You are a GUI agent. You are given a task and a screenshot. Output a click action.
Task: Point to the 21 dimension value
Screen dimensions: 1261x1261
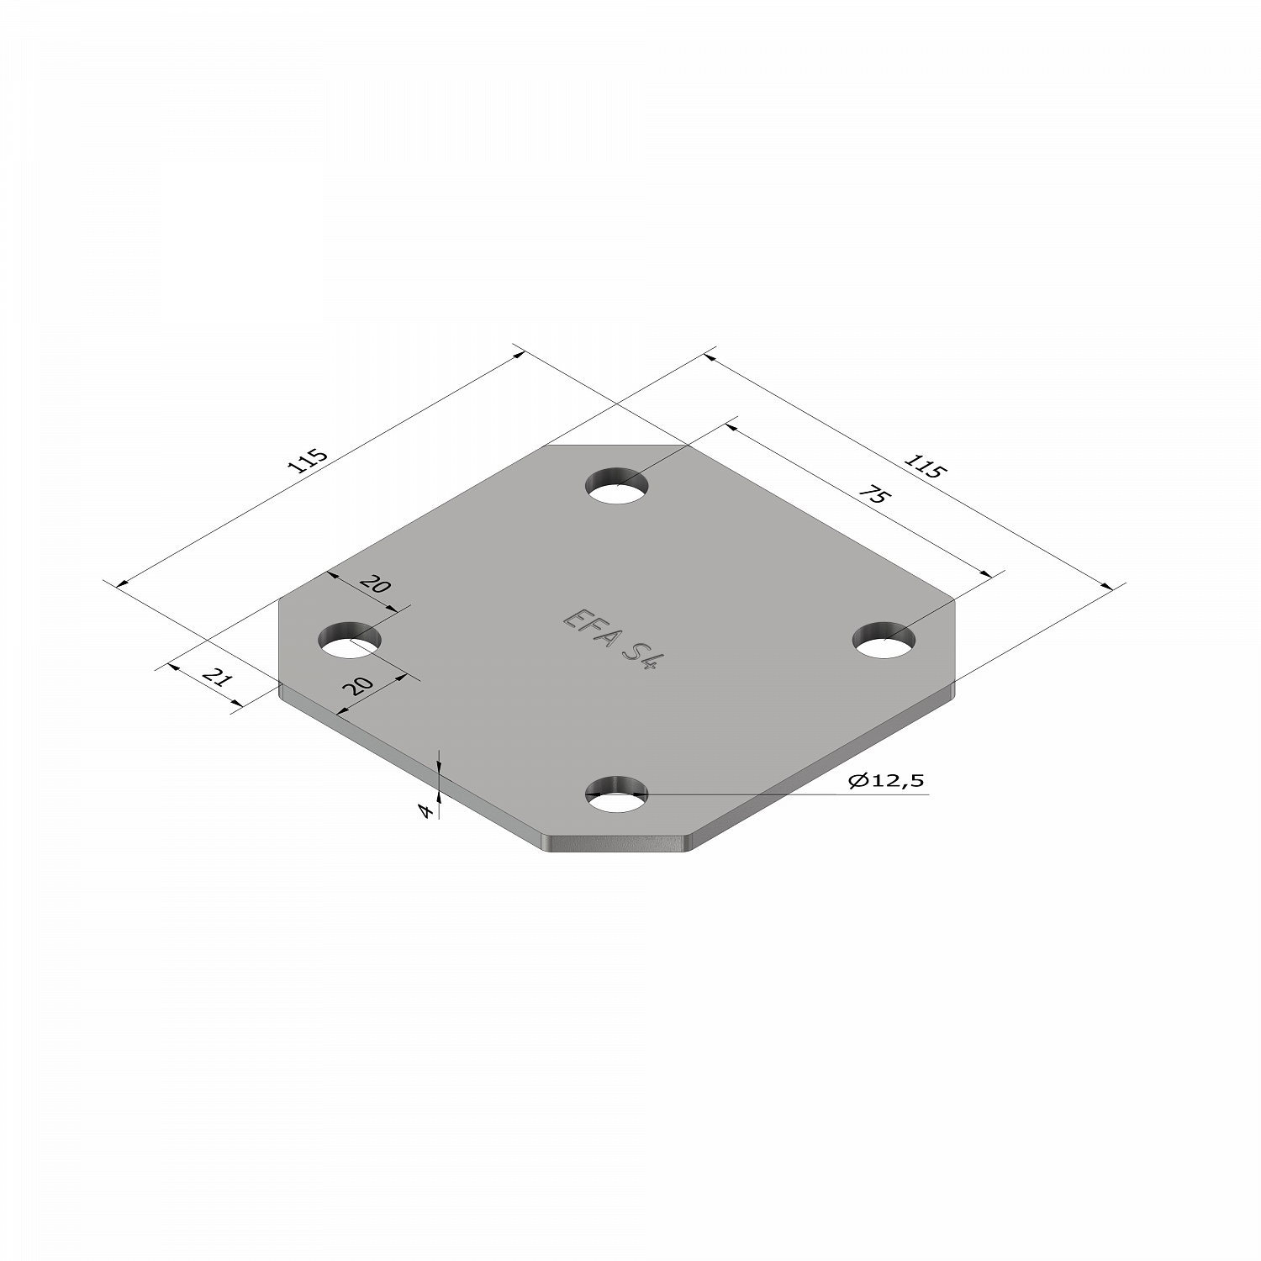(217, 678)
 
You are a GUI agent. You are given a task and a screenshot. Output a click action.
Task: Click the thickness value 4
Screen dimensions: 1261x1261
(427, 811)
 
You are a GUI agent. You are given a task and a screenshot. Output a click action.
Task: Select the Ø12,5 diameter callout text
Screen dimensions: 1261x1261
(886, 781)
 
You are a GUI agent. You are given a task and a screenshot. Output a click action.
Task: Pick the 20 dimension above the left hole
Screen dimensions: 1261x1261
(376, 583)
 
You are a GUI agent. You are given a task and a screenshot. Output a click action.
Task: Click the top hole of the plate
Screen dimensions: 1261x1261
(619, 485)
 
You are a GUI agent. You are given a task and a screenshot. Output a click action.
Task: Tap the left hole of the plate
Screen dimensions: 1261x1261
(349, 641)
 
